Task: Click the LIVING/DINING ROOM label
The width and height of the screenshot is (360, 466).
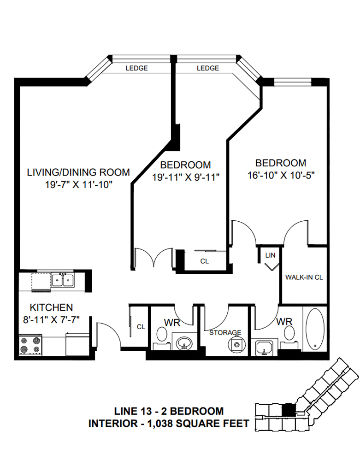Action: click(78, 172)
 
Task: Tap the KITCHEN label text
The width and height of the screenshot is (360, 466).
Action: click(52, 307)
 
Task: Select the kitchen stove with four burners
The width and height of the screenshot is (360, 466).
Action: click(30, 346)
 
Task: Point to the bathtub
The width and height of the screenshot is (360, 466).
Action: click(315, 329)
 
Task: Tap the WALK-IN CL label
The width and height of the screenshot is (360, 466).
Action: click(304, 277)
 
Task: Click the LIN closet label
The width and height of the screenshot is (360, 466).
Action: click(270, 255)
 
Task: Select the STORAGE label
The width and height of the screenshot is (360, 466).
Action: click(225, 332)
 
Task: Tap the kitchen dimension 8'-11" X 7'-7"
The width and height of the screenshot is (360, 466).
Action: click(52, 319)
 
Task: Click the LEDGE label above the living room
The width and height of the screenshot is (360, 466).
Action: click(137, 68)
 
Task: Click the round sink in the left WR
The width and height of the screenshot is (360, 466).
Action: click(185, 344)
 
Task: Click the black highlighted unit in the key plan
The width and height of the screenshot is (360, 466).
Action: click(288, 409)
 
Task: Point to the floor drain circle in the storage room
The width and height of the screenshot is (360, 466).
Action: click(236, 343)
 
